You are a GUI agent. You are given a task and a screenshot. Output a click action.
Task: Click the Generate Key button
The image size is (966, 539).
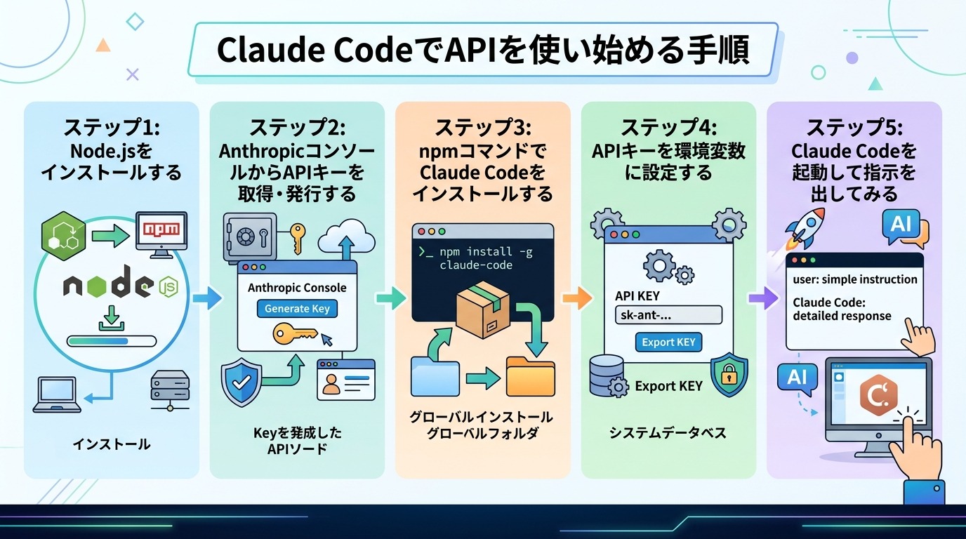pyautogui.click(x=297, y=308)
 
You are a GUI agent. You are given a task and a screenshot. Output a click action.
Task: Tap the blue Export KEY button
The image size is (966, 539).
pyautogui.click(x=668, y=342)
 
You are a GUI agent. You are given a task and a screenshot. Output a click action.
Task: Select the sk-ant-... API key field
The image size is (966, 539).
pyautogui.click(x=668, y=315)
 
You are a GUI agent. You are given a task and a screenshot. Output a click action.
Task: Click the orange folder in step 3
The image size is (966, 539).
pyautogui.click(x=530, y=376)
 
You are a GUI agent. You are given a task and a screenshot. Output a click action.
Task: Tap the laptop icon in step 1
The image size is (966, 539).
pyautogui.click(x=57, y=395)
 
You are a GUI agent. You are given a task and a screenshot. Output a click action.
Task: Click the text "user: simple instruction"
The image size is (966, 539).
pyautogui.click(x=854, y=279)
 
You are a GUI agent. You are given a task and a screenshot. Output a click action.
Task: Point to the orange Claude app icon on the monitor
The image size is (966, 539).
pyautogui.click(x=878, y=398)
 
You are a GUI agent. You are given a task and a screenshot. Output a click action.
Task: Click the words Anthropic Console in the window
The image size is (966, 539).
pyautogui.click(x=297, y=287)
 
